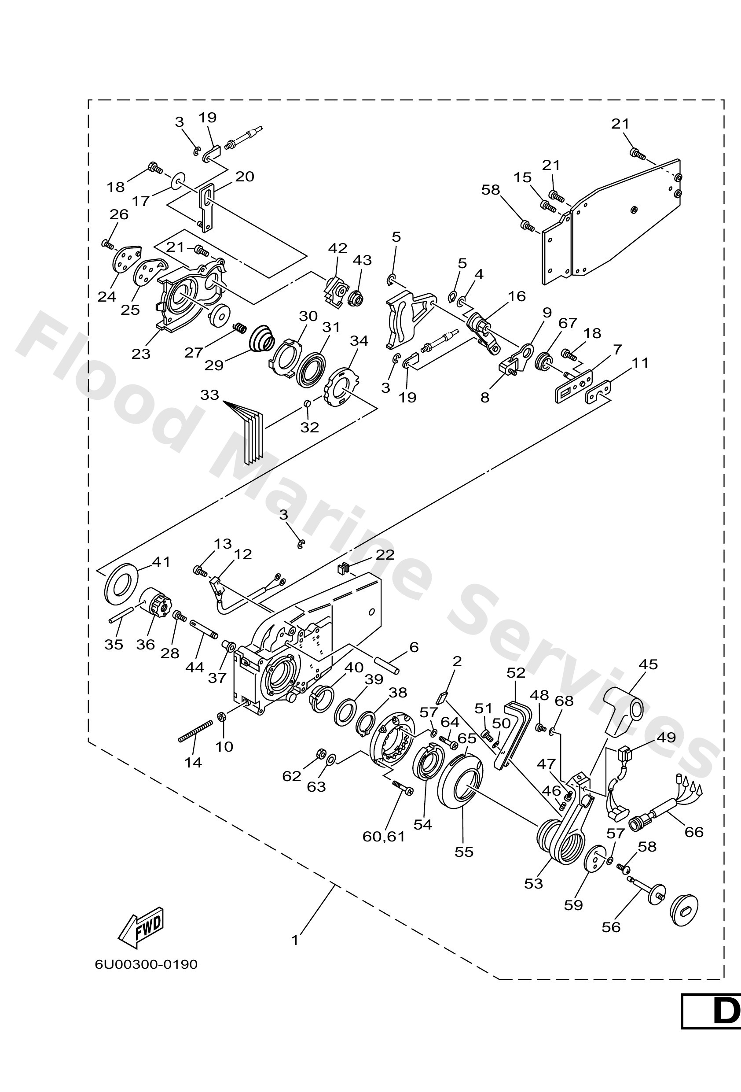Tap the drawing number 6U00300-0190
146,965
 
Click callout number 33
209,395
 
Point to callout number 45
648,664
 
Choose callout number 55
464,852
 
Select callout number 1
295,941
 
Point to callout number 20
245,177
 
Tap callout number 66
694,832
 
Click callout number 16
517,296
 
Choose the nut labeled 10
221,716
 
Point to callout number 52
516,673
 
